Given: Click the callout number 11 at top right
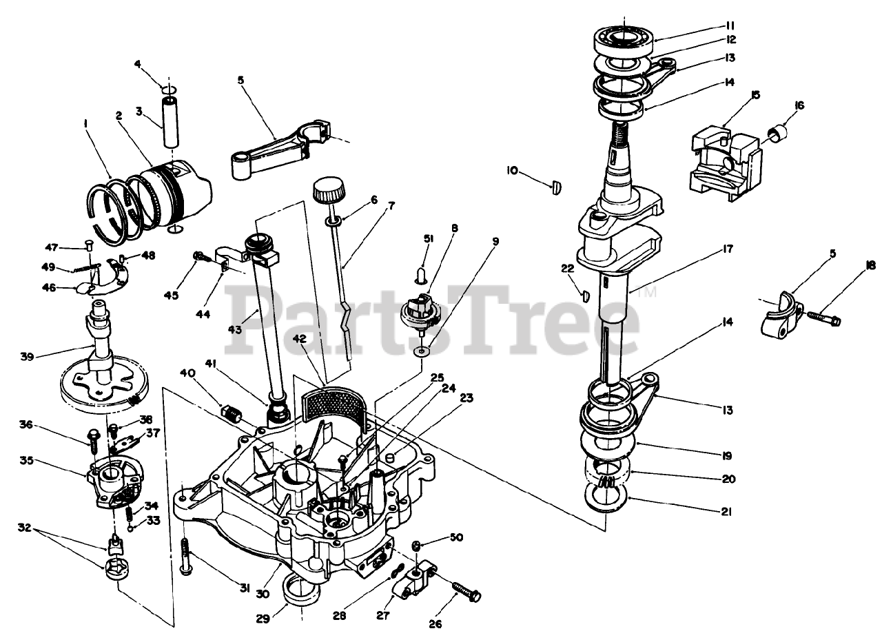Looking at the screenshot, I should (730, 25).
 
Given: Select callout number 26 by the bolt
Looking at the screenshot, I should (434, 624).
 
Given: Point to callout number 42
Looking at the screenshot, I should (298, 339).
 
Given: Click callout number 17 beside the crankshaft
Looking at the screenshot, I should (708, 249).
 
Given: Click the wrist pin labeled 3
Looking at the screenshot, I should (171, 122).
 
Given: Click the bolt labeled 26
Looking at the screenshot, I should (467, 592).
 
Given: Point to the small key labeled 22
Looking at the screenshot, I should (584, 296).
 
